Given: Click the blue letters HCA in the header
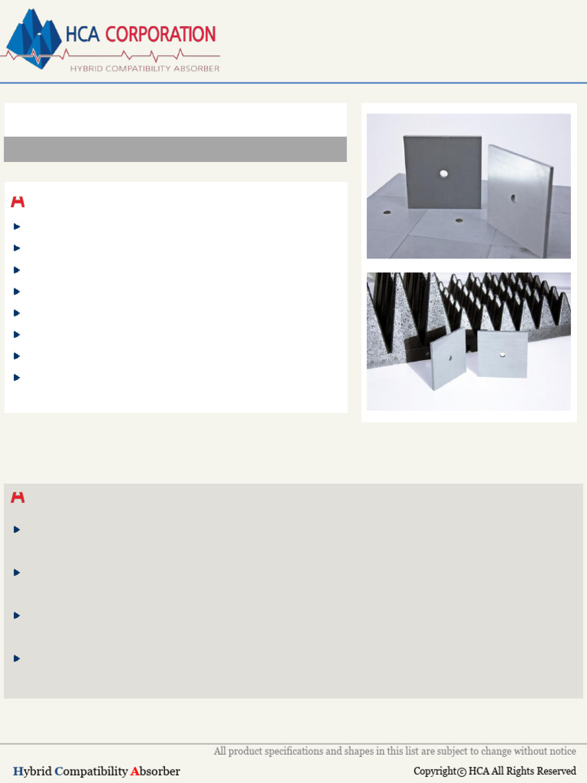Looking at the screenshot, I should coord(83,34).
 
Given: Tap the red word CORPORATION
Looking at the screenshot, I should coord(161,34).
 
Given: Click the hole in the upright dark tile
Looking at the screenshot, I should coord(443,174).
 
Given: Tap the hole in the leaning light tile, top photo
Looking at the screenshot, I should coord(513,199).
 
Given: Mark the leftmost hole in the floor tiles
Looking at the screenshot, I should coord(387,213).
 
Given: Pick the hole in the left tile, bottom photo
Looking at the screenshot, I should coord(450,357).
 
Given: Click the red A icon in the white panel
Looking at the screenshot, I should coord(18,202).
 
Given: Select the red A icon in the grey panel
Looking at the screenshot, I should coord(18,498).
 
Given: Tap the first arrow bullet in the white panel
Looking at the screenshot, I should coord(17,226).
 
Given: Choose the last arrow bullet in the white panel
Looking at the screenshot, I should coord(17,377).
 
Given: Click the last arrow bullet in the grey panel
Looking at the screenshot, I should coord(17,658).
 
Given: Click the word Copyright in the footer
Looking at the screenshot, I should coord(434,772).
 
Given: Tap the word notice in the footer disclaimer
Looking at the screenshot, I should coord(562,752).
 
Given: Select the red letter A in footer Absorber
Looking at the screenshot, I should coord(135,772).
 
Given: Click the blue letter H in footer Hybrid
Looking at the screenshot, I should coord(17,772).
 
